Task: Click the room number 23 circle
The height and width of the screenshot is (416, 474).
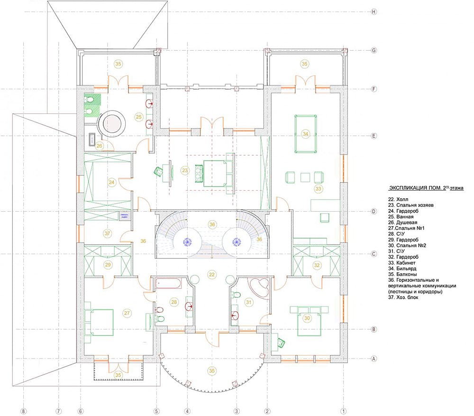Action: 185,170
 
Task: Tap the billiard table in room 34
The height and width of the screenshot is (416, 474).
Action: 306,134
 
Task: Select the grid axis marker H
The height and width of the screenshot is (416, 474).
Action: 374,12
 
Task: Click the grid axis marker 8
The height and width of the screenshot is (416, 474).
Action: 23,411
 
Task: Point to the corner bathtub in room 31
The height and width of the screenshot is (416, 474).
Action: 259,288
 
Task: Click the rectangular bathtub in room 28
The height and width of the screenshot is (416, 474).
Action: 168,284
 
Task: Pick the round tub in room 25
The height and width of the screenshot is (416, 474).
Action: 112,124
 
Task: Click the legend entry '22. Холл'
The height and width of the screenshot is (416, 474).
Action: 398,199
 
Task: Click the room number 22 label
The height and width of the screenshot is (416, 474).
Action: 211,275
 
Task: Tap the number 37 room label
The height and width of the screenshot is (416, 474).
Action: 107,233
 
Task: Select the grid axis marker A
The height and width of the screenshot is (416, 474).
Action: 374,359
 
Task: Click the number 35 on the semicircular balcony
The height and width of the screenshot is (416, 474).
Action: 211,370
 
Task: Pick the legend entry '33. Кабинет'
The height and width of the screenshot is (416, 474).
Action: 402,263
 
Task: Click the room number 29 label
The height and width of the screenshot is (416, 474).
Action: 108,265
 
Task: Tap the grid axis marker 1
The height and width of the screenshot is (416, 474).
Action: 343,411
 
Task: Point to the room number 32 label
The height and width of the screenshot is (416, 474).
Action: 317,265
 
